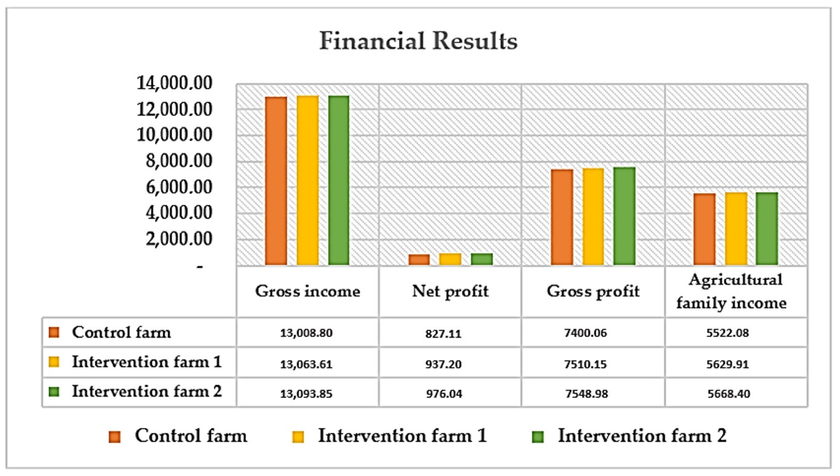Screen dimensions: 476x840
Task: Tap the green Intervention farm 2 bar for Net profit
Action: point(482,259)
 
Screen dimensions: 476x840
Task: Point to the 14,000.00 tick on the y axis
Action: point(174,83)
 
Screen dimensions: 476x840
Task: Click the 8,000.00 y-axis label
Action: point(179,161)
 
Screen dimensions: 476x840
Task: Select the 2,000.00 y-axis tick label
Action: point(179,239)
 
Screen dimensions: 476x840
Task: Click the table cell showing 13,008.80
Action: point(306,333)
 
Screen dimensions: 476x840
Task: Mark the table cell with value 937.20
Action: point(443,364)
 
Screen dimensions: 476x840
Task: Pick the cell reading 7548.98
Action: point(587,393)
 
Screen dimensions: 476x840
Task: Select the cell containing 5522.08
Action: point(727,333)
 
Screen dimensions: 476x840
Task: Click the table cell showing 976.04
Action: point(444,393)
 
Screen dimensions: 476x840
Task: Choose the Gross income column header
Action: point(308,291)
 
